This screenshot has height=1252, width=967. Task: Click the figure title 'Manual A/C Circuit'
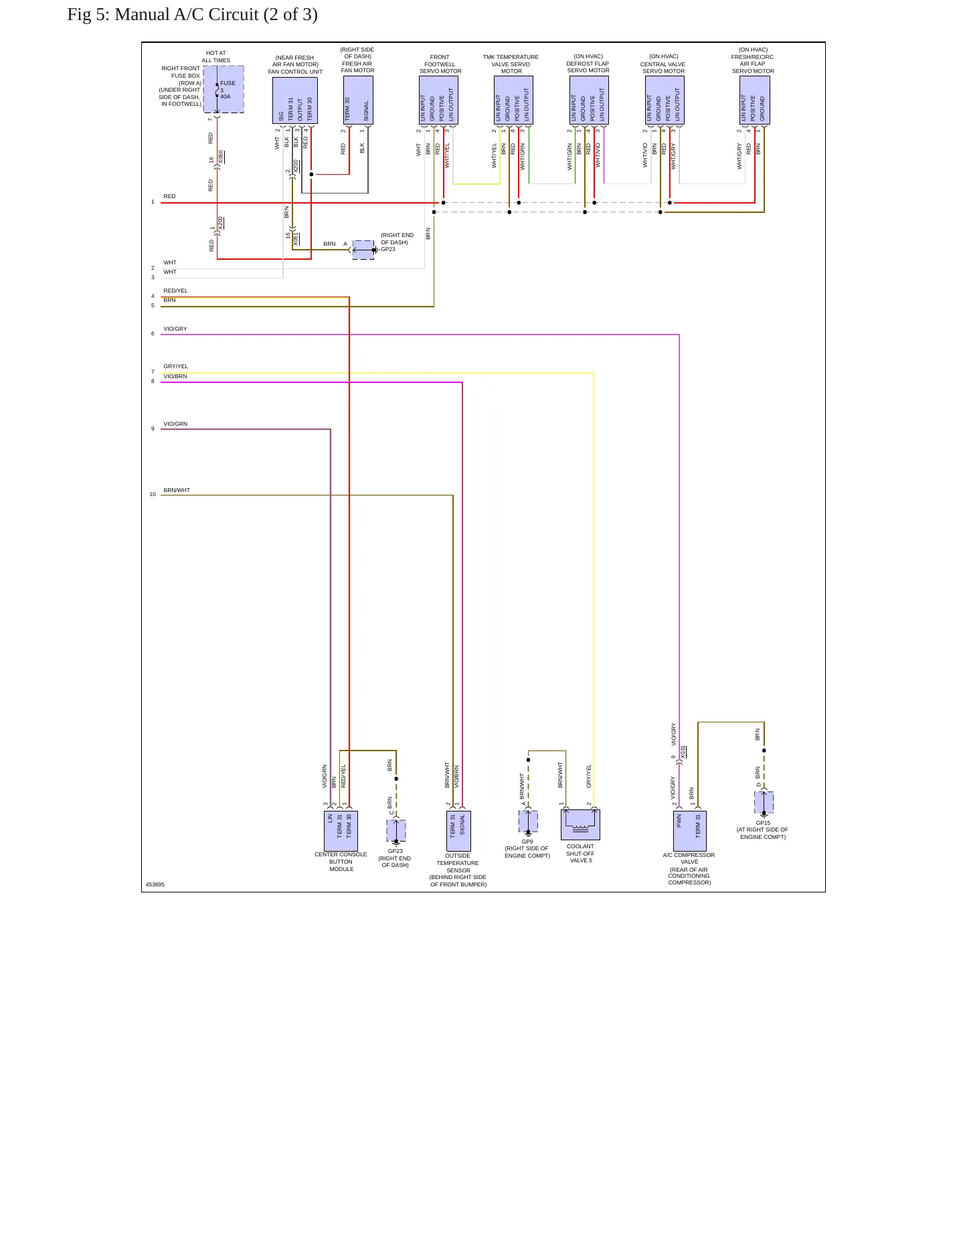point(187,15)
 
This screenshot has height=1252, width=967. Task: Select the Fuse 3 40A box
point(224,89)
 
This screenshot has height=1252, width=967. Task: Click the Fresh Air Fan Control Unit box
point(295,100)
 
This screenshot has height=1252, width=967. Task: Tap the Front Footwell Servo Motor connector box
point(438,100)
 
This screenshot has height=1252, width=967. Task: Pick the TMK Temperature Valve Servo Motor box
point(513,100)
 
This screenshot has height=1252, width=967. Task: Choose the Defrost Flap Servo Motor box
point(589,100)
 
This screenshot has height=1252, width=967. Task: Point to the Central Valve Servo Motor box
point(665,100)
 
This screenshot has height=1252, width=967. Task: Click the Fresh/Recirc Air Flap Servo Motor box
point(755,100)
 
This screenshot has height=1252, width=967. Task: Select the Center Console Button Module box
point(341,831)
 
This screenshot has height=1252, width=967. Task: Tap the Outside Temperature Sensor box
point(459,831)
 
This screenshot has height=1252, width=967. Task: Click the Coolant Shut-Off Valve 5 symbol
point(580,825)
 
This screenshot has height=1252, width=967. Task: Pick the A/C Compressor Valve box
point(690,831)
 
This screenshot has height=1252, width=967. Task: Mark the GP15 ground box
point(764,803)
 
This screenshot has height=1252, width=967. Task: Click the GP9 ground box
point(528,821)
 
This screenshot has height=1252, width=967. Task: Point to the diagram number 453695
point(155,884)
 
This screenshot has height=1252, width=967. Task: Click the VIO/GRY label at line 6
point(175,329)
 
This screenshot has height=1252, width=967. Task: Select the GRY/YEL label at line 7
point(176,366)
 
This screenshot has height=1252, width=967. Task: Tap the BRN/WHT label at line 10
point(177,490)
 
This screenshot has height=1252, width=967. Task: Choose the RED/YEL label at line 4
point(176,291)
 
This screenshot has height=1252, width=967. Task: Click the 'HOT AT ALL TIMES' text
point(216,56)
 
